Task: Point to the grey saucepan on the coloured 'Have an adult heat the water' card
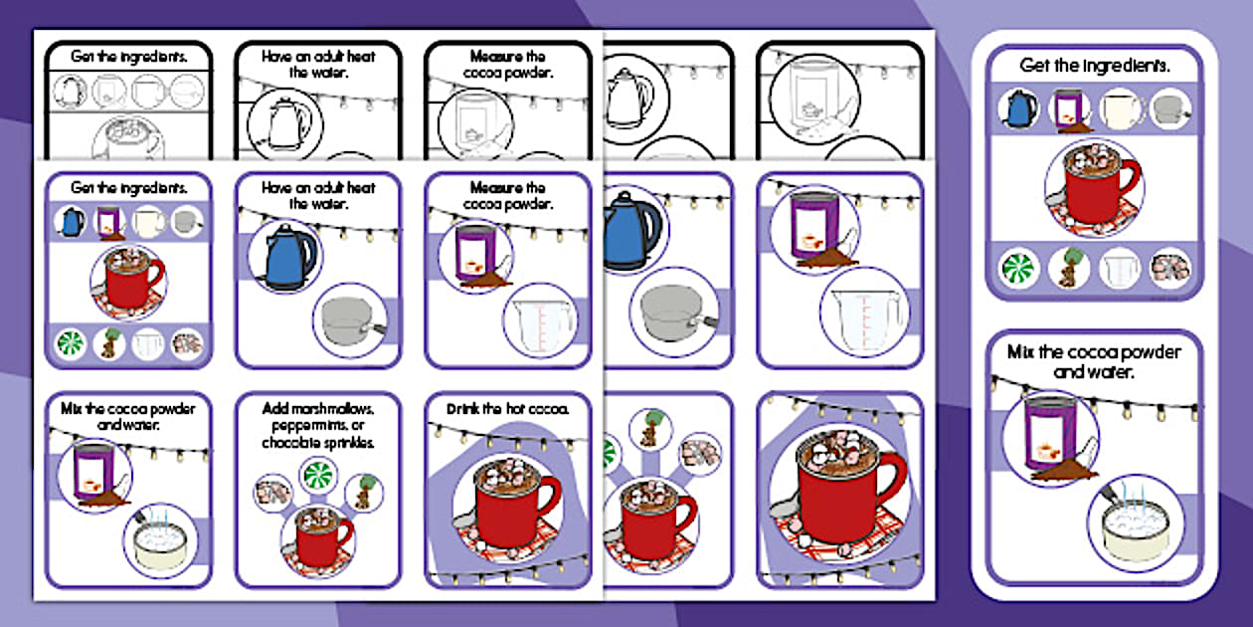pos(349,319)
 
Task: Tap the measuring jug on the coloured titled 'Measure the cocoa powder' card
pos(538,319)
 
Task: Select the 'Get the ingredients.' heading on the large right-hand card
pos(1093,66)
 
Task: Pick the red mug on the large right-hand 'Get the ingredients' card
pos(1093,187)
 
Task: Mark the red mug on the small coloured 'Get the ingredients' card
pos(127,282)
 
